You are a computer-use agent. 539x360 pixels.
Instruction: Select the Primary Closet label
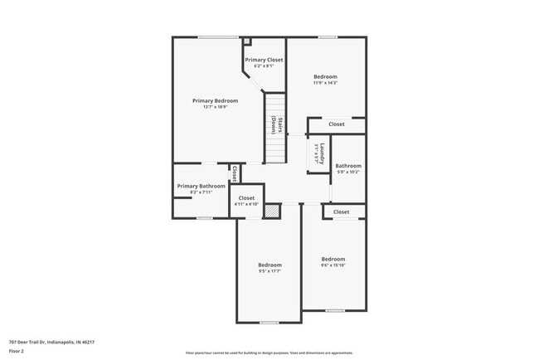(x=264, y=60)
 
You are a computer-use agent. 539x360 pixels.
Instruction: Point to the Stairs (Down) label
(x=277, y=126)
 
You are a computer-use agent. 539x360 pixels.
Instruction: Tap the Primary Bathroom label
(x=201, y=186)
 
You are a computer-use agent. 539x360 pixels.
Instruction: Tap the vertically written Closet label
(x=235, y=173)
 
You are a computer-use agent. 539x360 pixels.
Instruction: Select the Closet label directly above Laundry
(x=336, y=124)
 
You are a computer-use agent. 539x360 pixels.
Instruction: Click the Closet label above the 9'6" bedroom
(x=341, y=212)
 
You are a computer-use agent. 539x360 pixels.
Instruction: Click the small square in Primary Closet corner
(x=246, y=41)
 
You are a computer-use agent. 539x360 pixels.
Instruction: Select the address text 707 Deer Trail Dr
(x=51, y=341)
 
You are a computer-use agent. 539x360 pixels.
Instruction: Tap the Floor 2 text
(x=17, y=351)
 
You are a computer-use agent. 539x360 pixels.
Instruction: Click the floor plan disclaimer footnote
(x=269, y=352)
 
